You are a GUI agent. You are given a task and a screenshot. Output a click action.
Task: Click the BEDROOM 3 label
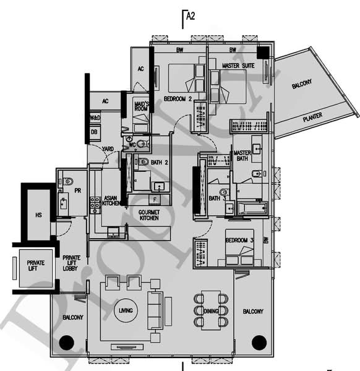click(240, 240)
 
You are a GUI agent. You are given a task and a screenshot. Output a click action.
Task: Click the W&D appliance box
click(95, 117)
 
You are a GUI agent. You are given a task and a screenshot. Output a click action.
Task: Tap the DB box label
click(95, 132)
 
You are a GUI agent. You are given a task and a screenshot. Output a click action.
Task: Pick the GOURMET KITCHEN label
click(149, 215)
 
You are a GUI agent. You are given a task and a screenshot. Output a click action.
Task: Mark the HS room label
click(38, 215)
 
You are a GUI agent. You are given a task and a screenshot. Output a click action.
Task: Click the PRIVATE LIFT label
click(35, 267)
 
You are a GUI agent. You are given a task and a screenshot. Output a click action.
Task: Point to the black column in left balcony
click(66, 342)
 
